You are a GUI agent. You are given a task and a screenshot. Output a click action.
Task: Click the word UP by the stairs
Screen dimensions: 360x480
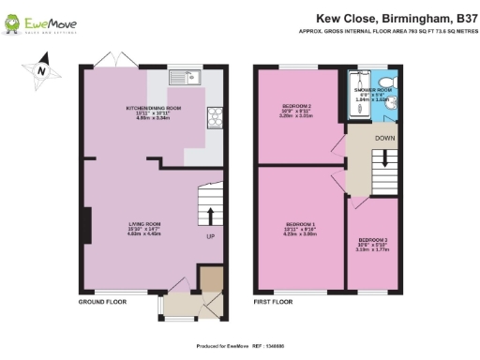[211, 236]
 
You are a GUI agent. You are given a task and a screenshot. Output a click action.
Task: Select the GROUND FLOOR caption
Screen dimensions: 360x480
[102, 303]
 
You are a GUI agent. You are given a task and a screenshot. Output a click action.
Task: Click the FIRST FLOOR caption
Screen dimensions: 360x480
[274, 303]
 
